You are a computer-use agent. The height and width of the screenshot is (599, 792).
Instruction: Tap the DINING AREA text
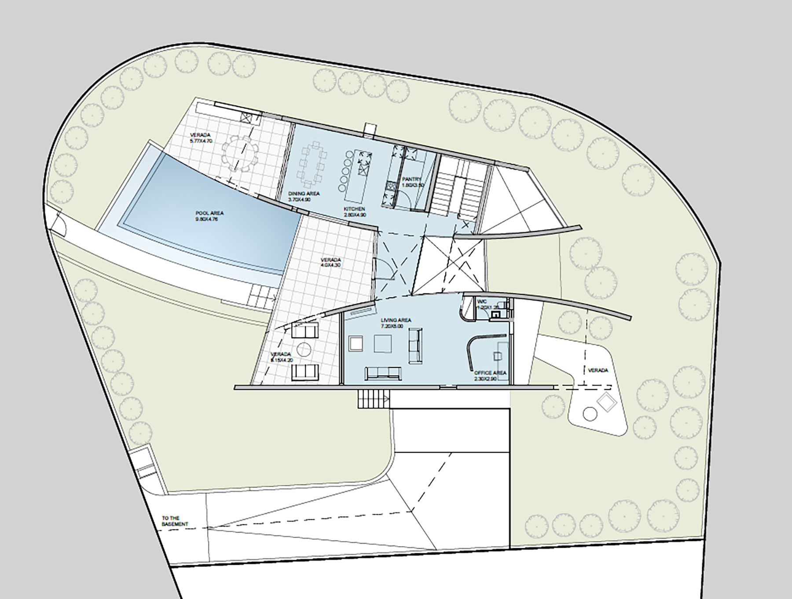pos(304,194)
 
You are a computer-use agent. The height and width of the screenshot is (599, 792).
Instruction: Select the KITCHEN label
pos(355,209)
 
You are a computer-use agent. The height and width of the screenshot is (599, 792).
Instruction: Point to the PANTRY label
pos(411,179)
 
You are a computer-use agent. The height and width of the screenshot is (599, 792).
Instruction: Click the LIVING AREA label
pos(396,320)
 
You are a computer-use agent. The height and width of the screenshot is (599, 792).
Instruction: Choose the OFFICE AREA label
pos(490,373)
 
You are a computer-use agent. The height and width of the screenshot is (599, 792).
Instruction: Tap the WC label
pos(480,302)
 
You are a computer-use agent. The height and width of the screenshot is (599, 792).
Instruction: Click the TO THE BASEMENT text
pos(175,521)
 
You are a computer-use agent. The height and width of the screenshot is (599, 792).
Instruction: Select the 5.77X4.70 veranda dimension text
pos(201,141)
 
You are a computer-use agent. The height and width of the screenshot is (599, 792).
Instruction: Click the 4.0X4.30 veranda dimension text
pos(331,266)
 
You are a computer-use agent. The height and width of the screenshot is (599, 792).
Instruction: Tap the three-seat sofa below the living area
pos(383,373)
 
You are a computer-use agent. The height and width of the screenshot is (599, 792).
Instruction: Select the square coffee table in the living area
pos(383,343)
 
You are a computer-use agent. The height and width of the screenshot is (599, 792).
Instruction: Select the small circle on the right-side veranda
pos(590,414)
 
